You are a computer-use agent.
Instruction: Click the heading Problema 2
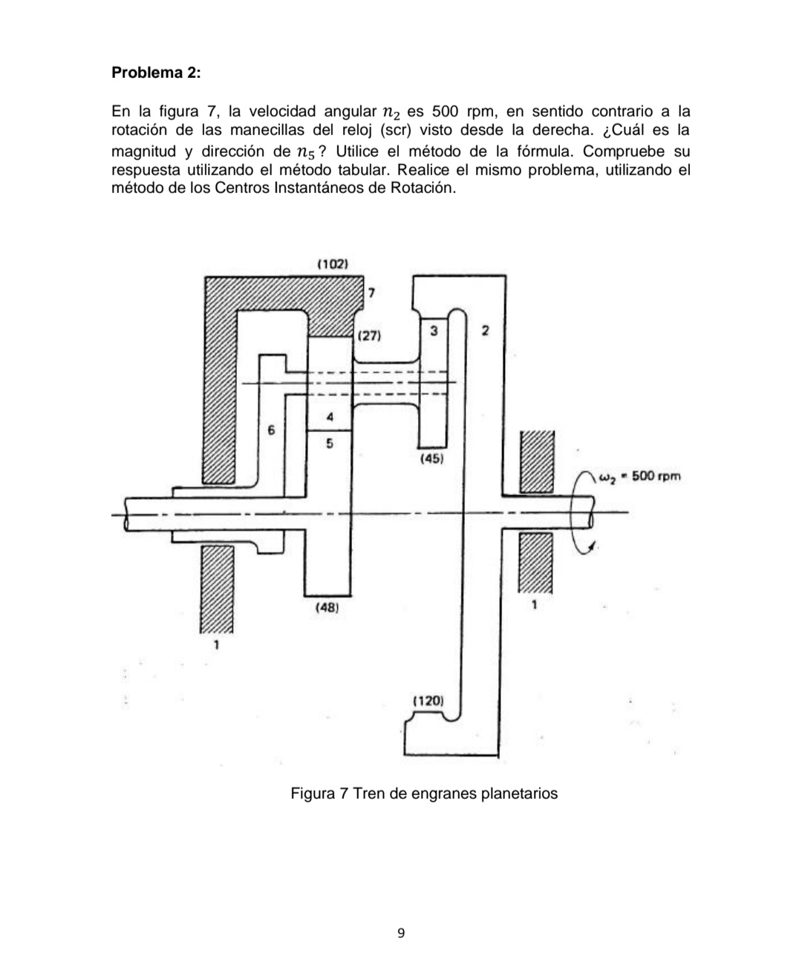155,73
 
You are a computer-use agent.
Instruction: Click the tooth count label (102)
333,264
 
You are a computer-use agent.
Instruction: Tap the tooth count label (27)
369,336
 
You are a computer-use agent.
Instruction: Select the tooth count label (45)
432,459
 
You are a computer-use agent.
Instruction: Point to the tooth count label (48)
327,607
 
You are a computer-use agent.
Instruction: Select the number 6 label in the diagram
271,430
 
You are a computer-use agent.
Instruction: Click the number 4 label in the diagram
330,418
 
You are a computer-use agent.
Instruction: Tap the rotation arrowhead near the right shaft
591,547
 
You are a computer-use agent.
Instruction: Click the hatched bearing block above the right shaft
537,460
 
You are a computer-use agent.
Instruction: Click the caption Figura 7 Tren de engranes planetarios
423,794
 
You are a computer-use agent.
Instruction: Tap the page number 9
401,933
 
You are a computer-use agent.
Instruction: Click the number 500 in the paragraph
443,112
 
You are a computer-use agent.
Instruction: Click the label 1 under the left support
216,645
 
